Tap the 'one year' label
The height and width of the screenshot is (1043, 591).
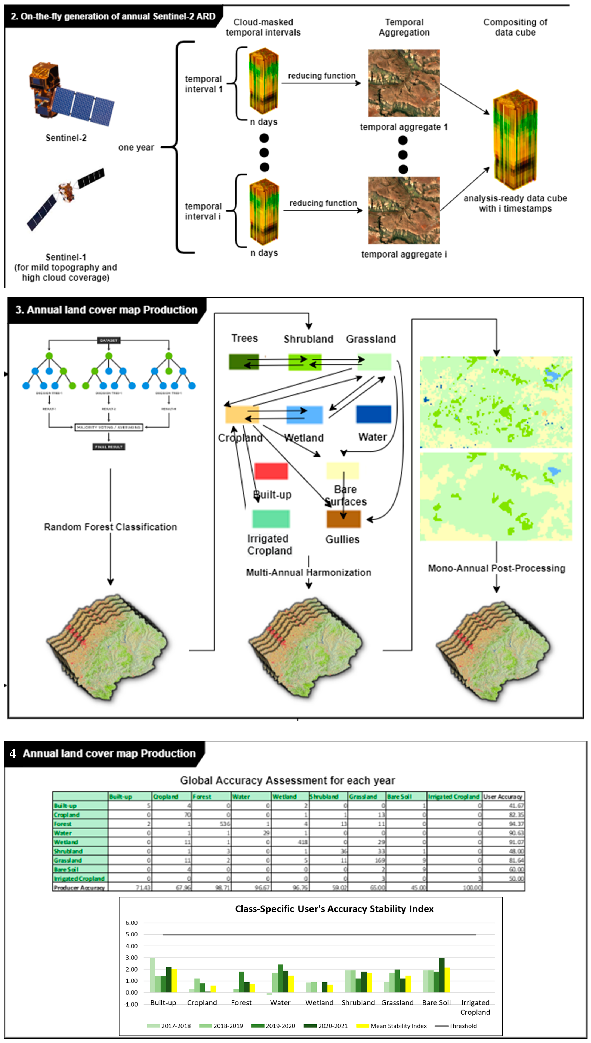pos(136,147)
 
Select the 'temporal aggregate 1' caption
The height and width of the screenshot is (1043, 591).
pos(403,127)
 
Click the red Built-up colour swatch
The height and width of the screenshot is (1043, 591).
pos(271,471)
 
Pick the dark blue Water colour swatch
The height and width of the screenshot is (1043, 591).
pos(374,414)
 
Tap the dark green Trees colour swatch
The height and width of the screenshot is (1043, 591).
pos(243,362)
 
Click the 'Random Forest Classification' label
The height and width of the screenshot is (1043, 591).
pos(110,527)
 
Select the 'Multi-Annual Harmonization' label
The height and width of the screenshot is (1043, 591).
pos(308,572)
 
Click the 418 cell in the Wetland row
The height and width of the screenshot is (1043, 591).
pos(302,842)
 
